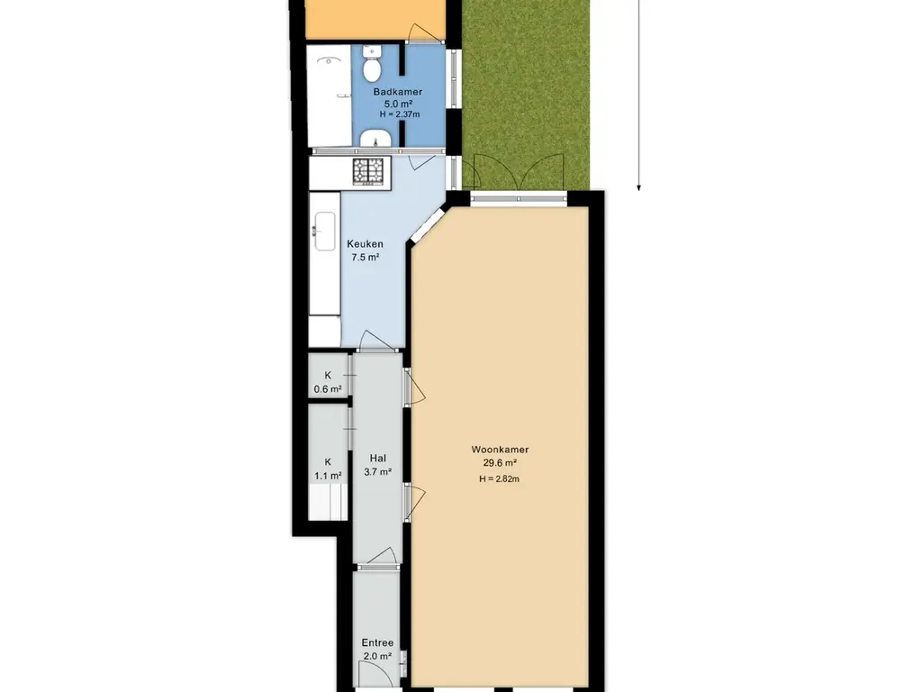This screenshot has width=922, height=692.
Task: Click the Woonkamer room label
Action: tap(500, 450)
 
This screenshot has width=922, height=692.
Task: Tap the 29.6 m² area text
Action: tap(499, 462)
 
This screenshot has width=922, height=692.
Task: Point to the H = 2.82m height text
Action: tap(499, 478)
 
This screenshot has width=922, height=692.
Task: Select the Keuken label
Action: tap(365, 243)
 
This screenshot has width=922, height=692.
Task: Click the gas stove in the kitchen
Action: tap(368, 171)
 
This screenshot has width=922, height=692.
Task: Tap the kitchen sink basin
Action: tap(324, 232)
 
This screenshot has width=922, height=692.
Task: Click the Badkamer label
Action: tap(397, 92)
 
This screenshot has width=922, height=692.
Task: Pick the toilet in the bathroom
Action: tap(372, 65)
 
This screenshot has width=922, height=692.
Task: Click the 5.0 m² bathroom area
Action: tap(398, 104)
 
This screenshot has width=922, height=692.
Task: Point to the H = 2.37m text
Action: tap(399, 114)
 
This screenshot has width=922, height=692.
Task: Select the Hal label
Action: tap(377, 459)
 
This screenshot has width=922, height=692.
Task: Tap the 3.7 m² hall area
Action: tap(377, 471)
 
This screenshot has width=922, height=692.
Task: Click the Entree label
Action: tap(377, 643)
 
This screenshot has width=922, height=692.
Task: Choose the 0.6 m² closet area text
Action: tap(328, 389)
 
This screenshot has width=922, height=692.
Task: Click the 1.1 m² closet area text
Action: tap(328, 476)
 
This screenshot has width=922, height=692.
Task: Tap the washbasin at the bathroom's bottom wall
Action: tap(375, 139)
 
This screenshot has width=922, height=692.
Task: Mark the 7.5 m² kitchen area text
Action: tap(366, 257)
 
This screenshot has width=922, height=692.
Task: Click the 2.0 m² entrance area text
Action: tap(377, 656)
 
